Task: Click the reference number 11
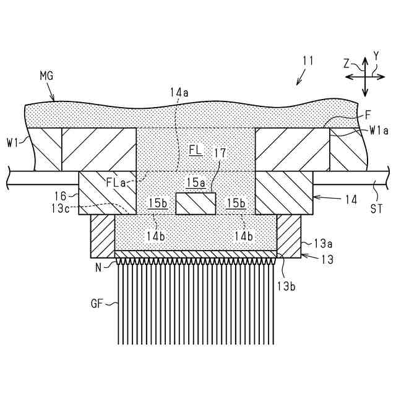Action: coord(308,61)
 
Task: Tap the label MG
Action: coord(46,76)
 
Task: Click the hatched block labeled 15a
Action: coord(196,203)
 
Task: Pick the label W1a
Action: coord(379,131)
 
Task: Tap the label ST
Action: coord(376,209)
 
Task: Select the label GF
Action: coord(97,303)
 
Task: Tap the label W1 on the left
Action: coord(13,143)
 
